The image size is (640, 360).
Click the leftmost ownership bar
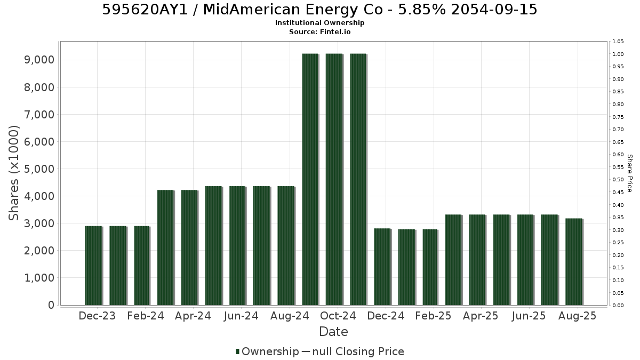point(94,266)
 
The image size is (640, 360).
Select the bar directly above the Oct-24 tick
point(334,179)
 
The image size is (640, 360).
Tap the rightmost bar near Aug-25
point(574,262)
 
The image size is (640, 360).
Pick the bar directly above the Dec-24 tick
point(382,267)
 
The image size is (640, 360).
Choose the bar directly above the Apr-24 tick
point(190,247)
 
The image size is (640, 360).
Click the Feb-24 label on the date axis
point(146,316)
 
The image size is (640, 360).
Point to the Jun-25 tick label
point(529,316)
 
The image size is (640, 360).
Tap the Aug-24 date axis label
point(290,316)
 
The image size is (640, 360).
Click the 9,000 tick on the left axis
point(39,60)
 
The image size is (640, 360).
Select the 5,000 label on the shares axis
point(39,169)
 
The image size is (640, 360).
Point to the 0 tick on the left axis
point(51,305)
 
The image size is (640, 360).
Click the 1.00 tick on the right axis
point(618,54)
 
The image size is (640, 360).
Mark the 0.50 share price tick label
point(618,179)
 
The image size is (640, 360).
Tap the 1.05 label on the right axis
point(618,42)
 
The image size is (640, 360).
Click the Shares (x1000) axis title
point(14,173)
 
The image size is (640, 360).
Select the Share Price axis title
point(630,173)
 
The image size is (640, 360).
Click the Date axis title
point(333,332)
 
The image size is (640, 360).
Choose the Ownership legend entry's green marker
point(237,351)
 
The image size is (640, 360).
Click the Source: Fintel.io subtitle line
point(319,31)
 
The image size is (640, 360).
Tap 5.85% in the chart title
point(422,10)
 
